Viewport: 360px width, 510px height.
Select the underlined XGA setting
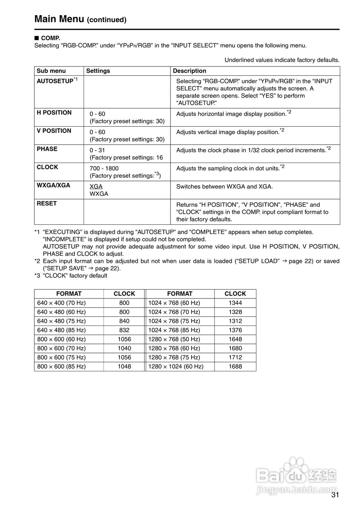pyautogui.click(x=96, y=186)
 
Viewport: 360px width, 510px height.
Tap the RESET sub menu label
pyautogui.click(x=47, y=204)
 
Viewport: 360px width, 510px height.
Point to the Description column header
pyautogui.click(x=190, y=71)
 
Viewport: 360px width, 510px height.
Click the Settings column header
pyautogui.click(x=98, y=71)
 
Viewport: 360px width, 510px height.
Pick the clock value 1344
pyautogui.click(x=235, y=303)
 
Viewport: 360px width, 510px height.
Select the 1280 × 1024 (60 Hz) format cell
pyautogui.click(x=176, y=367)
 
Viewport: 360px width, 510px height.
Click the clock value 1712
pyautogui.click(x=235, y=357)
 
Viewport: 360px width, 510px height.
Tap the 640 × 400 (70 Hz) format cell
pyautogui.click(x=61, y=303)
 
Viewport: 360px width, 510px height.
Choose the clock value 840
pyautogui.click(x=124, y=321)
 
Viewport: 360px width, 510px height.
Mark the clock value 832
pyautogui.click(x=124, y=330)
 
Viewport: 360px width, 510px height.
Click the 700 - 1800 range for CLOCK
pyautogui.click(x=104, y=169)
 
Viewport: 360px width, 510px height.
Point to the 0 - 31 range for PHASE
pyautogui.click(x=97, y=150)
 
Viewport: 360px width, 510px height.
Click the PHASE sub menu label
pyautogui.click(x=47, y=149)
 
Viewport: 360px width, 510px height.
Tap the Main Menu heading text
pyautogui.click(x=59, y=19)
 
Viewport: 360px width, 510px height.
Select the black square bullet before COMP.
pyautogui.click(x=37, y=38)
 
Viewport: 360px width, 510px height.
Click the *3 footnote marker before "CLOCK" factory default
pyautogui.click(x=37, y=276)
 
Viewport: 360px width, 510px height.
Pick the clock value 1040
pyautogui.click(x=124, y=348)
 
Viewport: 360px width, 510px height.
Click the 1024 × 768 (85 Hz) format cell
pyautogui.click(x=174, y=330)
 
